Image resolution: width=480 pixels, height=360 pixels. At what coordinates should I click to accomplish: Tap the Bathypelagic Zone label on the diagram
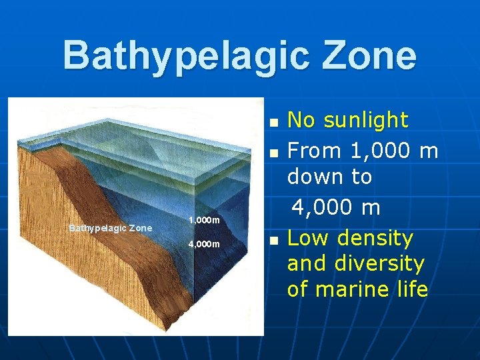[111, 228]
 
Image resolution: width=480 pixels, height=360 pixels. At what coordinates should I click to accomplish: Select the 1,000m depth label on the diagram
[203, 220]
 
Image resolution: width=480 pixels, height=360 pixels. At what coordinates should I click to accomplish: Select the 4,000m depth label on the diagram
[203, 244]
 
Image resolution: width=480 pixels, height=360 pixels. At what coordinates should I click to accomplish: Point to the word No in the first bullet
[301, 121]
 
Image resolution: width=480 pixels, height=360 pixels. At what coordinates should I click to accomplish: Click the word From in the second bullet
[312, 151]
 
